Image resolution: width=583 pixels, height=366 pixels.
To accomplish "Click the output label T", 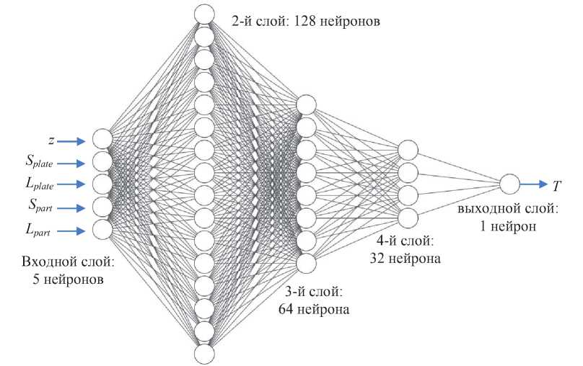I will [556, 187].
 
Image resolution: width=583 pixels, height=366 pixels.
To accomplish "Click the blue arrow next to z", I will [72, 140].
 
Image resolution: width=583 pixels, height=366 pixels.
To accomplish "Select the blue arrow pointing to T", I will [534, 184].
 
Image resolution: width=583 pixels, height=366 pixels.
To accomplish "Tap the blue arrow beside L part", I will [72, 231].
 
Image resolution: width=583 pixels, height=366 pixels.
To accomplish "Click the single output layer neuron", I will [509, 184].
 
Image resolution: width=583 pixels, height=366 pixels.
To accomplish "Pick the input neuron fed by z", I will [102, 138].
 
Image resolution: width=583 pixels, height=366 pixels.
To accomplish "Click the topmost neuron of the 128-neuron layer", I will [205, 14].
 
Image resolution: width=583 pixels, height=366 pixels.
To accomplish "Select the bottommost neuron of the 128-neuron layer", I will [205, 354].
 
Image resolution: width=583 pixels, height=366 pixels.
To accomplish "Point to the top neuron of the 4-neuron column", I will [408, 150].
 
